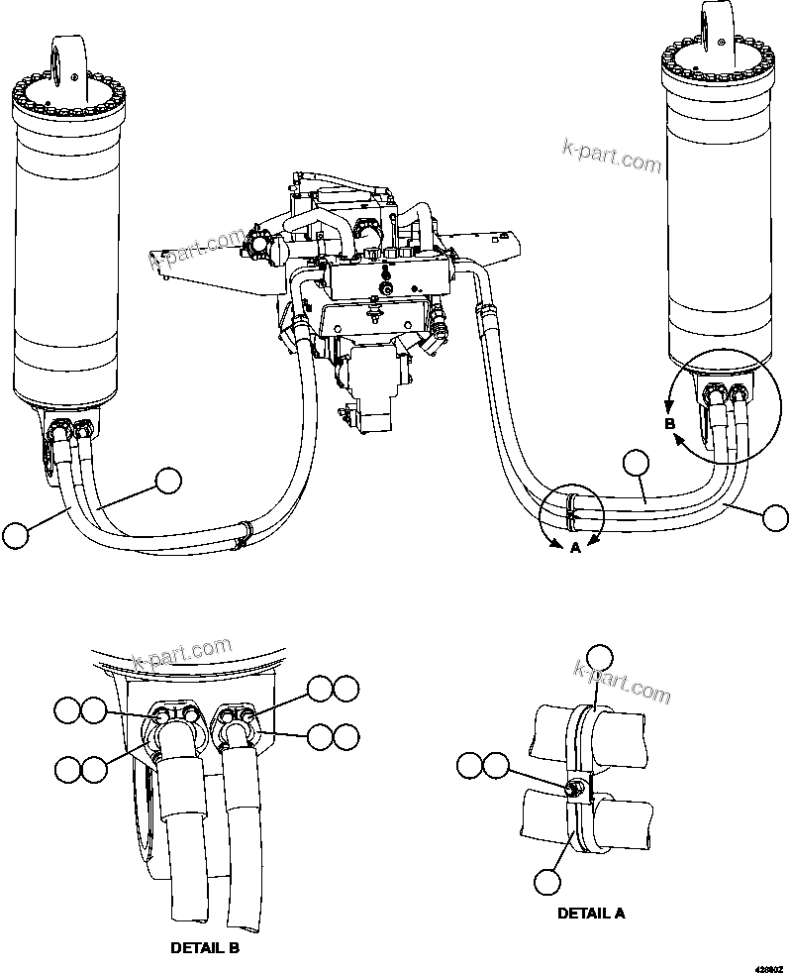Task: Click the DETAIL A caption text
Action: pyautogui.click(x=590, y=913)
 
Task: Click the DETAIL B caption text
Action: pyautogui.click(x=205, y=947)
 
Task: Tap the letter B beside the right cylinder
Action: pyautogui.click(x=669, y=423)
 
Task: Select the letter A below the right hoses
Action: pyautogui.click(x=574, y=546)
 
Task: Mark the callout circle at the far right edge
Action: pyautogui.click(x=775, y=516)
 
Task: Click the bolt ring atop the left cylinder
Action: pyautogui.click(x=65, y=100)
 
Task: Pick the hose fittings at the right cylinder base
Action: pyautogui.click(x=723, y=396)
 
